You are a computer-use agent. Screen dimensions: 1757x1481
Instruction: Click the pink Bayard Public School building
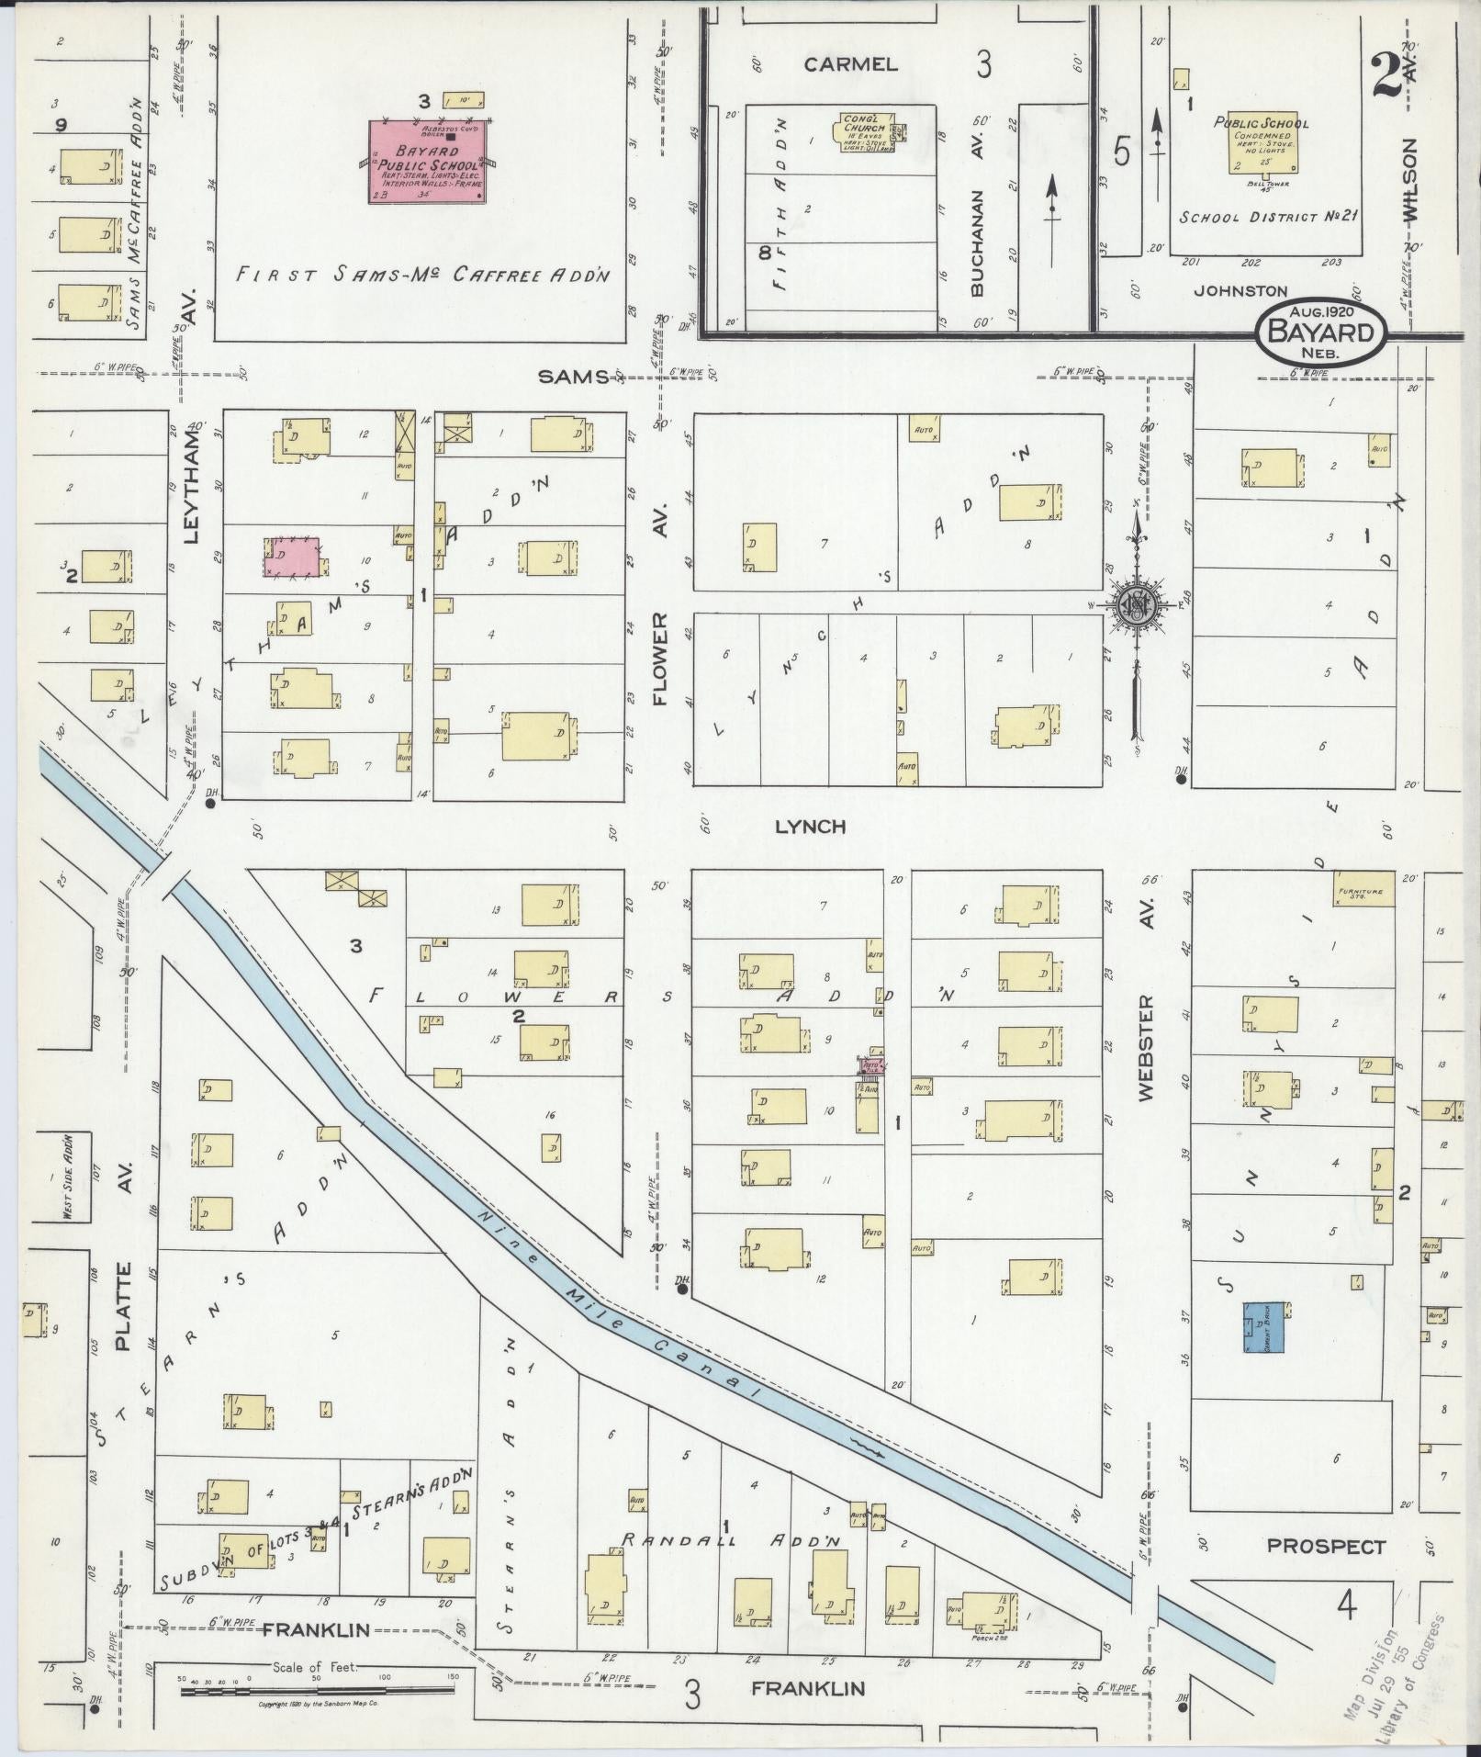point(428,162)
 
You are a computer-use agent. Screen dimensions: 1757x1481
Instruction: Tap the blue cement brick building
point(1263,1327)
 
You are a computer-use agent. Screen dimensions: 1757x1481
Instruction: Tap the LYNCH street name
point(810,827)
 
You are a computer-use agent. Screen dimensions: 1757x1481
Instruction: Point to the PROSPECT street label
point(1325,1546)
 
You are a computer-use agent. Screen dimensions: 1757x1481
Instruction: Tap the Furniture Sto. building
point(1365,890)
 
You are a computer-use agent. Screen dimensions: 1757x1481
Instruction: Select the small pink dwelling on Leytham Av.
point(293,557)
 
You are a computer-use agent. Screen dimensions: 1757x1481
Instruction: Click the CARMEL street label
point(849,64)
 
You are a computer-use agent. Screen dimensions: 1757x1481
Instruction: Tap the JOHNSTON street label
point(1240,290)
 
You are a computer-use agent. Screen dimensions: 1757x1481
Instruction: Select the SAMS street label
point(574,376)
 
